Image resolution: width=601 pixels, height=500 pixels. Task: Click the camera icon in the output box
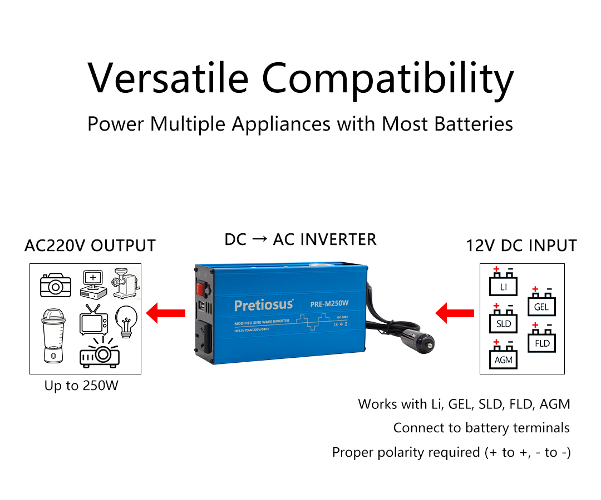[56, 284]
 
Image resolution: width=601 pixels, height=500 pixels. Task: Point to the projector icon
[100, 353]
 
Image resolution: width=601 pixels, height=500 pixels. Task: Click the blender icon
[54, 335]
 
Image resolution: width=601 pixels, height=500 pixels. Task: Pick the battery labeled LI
[503, 283]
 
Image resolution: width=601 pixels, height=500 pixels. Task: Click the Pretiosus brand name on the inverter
[263, 305]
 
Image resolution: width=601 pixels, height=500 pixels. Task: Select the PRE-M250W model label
[329, 303]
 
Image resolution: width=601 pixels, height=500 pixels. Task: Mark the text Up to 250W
[81, 386]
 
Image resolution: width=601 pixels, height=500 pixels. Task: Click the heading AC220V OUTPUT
[90, 246]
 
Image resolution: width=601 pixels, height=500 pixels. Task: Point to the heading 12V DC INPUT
[521, 246]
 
